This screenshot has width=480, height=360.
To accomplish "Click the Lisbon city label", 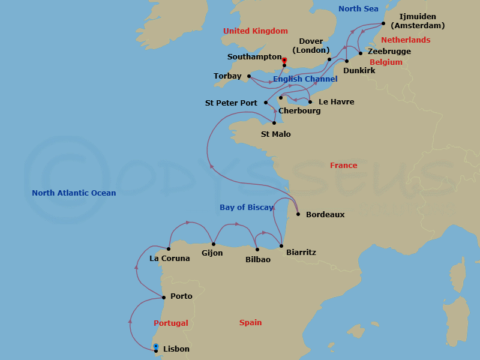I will point(176,349).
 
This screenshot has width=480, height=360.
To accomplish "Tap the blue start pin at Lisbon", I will point(156,347).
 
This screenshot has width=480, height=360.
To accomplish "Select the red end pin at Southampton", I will point(284,60).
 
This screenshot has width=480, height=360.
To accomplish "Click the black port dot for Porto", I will point(163,297).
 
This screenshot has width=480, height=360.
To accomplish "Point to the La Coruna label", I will point(169,259).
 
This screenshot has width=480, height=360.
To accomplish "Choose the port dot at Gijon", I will point(214,244).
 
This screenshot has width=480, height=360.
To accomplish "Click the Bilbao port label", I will point(258,260).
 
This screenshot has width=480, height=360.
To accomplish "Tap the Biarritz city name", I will point(301,253).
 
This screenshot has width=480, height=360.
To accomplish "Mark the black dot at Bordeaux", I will point(298,214).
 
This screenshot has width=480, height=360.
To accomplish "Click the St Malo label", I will point(276,134).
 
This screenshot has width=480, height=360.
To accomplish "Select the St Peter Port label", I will point(231,103).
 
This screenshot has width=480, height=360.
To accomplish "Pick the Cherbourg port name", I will point(299,111).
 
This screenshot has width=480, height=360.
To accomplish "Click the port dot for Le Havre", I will point(310,101).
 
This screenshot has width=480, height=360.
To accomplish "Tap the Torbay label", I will point(227,76).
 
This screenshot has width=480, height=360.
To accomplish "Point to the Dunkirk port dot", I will point(347,61).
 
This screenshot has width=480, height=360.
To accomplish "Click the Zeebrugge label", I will point(389,52).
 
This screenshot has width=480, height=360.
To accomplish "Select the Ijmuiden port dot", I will point(383,24).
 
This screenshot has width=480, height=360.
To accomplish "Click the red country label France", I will point(343,166).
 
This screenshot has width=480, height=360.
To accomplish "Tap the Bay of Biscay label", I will point(246,208).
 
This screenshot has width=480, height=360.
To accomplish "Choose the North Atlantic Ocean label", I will point(74,193).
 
